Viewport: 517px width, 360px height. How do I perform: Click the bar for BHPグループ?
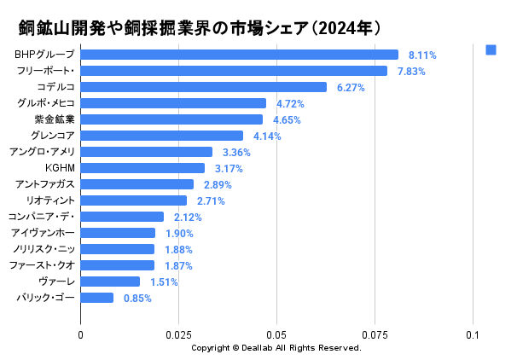point(239,55)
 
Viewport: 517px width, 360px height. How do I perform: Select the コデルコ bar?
point(203,87)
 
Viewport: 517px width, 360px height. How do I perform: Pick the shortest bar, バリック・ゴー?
point(96,298)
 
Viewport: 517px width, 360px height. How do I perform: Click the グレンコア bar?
point(161,136)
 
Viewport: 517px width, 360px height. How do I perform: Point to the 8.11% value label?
point(422,55)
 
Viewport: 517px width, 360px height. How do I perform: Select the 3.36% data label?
point(236,152)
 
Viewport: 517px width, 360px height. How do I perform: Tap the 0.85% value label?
point(137,298)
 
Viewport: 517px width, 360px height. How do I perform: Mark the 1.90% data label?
point(179,233)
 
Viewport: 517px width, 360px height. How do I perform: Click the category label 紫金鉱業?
point(55,119)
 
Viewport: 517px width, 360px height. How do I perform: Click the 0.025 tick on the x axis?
point(178,335)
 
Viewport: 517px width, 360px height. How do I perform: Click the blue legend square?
point(491,50)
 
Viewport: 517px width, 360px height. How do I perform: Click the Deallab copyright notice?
point(276,348)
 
